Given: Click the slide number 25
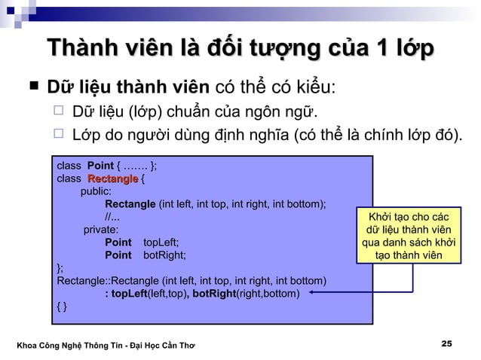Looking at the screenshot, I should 446,343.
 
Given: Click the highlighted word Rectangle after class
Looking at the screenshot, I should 112,179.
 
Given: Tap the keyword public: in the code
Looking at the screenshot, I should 96,191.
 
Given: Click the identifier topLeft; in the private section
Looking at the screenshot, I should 161,243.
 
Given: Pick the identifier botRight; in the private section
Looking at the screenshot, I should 163,255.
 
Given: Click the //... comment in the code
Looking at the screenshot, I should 112,217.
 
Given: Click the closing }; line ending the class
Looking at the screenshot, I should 61,267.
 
